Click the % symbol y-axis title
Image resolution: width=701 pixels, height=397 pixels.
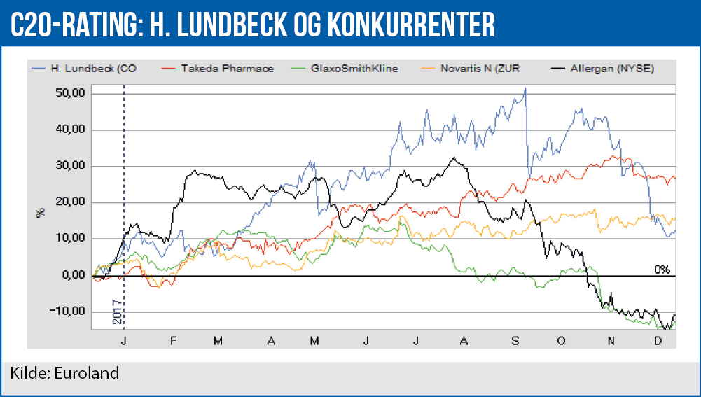41,211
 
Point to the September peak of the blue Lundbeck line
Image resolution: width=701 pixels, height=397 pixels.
525,88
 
